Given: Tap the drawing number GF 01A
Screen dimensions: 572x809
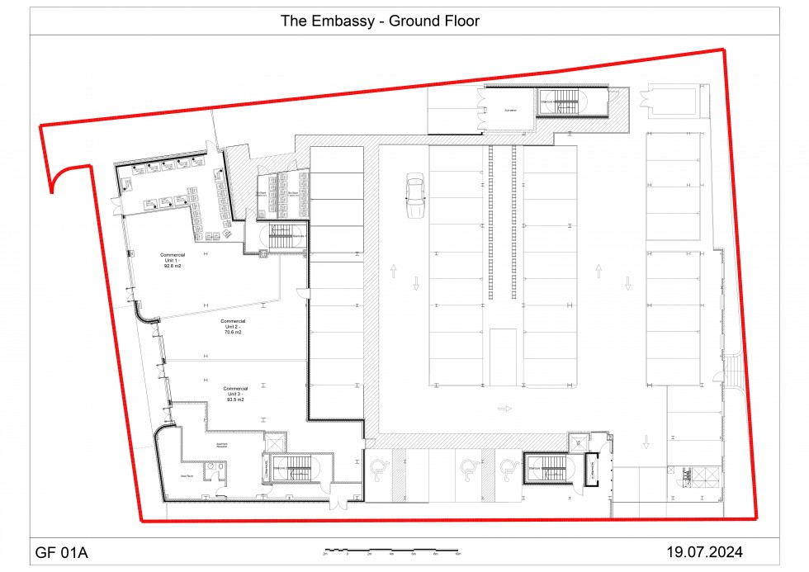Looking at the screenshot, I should [62, 551].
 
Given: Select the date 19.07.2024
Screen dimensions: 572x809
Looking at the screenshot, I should [710, 551].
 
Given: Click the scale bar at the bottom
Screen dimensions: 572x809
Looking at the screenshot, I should [392, 550].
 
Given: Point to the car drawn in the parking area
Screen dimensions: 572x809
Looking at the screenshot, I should [414, 196].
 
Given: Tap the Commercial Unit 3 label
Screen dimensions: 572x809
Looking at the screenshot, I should [235, 393].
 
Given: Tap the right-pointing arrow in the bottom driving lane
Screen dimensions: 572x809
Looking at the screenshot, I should [505, 409].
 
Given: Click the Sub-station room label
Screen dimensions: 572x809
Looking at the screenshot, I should [511, 110].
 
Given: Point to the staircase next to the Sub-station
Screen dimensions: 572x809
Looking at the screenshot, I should [563, 104].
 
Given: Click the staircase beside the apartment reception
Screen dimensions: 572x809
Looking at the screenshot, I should [295, 470].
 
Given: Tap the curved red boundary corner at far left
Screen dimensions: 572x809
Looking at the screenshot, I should [63, 176].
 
